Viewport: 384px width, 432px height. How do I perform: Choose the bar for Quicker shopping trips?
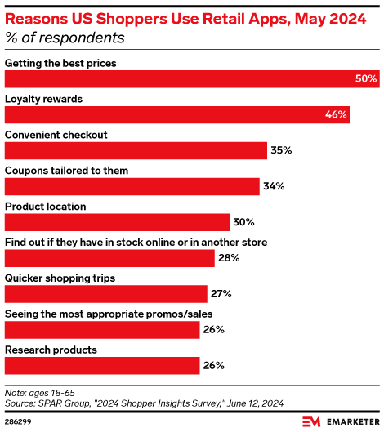point(106,293)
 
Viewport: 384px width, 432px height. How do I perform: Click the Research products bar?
point(103,365)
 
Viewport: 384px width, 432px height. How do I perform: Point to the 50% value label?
point(366,78)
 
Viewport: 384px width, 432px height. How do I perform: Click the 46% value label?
point(336,114)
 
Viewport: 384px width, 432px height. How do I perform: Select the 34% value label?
point(274,186)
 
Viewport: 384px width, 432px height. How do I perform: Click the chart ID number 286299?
point(20,421)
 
